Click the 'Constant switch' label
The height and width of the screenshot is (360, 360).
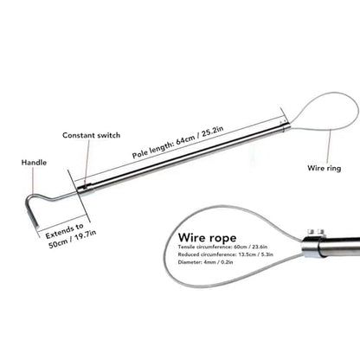click(91, 135)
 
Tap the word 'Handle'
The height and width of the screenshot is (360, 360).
click(34, 163)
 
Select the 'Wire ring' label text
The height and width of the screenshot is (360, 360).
click(325, 168)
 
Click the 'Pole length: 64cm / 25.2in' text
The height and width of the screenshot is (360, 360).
click(178, 142)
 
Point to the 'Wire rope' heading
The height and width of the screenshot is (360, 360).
click(207, 238)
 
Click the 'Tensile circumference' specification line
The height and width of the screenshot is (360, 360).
click(222, 247)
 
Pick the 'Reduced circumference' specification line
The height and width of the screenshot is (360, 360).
click(226, 254)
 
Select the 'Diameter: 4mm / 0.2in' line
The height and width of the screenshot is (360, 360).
click(205, 262)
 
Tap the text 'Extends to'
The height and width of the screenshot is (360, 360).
click(65, 231)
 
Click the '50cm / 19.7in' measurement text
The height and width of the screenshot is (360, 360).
click(72, 240)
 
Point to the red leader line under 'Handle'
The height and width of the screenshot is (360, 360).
click(33, 181)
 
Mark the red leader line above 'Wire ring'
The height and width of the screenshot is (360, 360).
click(329, 146)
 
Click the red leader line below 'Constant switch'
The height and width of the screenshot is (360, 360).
click(86, 163)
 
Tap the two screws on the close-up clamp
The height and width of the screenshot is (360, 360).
click(315, 232)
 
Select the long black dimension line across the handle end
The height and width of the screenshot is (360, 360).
click(79, 196)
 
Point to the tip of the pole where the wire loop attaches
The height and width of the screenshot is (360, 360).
click(286, 125)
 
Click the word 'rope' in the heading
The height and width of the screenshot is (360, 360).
click(222, 238)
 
